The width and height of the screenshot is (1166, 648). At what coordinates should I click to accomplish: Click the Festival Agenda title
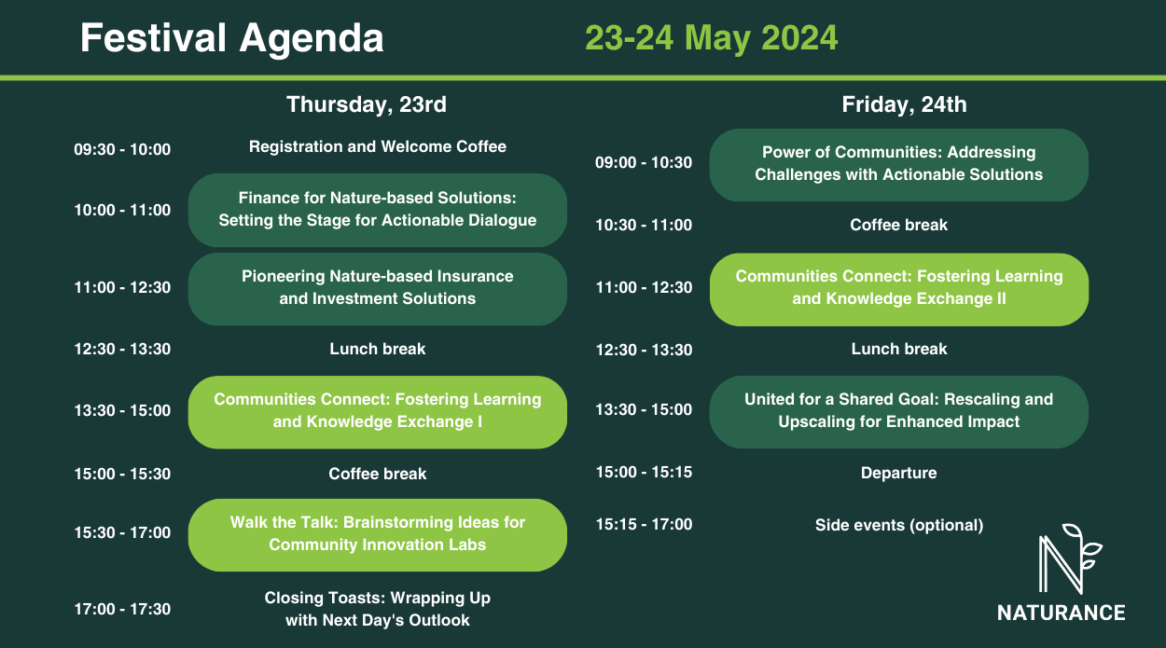231,38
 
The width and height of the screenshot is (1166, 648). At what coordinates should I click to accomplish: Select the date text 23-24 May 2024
711,37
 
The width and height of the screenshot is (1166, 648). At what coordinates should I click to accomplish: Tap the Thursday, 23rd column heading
367,104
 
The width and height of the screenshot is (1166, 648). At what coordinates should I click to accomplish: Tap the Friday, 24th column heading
904,104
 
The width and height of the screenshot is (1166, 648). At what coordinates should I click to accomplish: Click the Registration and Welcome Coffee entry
378,146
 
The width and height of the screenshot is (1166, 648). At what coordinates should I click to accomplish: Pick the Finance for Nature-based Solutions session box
378,210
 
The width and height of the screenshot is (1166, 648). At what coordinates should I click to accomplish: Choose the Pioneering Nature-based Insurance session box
378,289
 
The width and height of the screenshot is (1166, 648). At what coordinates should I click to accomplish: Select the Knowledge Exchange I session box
378,412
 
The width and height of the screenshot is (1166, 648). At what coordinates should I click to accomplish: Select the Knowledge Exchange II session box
899,289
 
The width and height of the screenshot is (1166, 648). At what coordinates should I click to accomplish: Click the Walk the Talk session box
378,535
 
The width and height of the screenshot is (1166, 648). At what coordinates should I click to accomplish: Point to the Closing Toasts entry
378,609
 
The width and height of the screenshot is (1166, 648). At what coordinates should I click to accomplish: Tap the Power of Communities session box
899,165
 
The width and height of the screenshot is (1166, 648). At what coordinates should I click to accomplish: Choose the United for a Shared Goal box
899,412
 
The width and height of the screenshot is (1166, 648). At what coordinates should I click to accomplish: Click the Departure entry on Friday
899,473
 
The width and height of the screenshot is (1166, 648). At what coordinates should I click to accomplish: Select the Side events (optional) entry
899,525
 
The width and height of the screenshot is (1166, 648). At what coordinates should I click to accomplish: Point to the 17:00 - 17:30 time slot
122,609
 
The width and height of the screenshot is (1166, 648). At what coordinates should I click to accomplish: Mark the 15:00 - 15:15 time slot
644,472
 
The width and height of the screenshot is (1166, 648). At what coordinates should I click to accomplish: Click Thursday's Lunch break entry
378,349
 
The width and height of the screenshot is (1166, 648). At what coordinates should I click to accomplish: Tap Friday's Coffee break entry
899,225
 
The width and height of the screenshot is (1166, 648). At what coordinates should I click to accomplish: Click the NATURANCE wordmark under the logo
1062,613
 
